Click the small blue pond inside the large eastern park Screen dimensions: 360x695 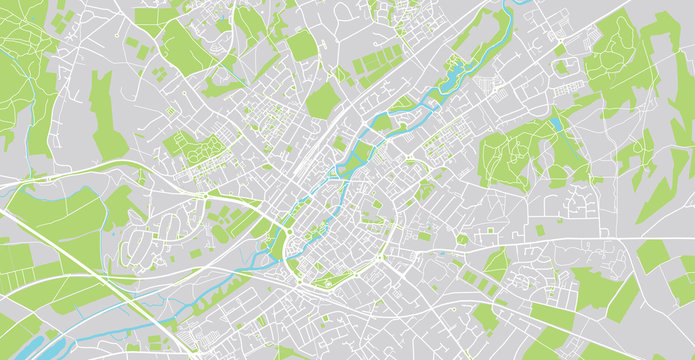pos(555,125)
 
